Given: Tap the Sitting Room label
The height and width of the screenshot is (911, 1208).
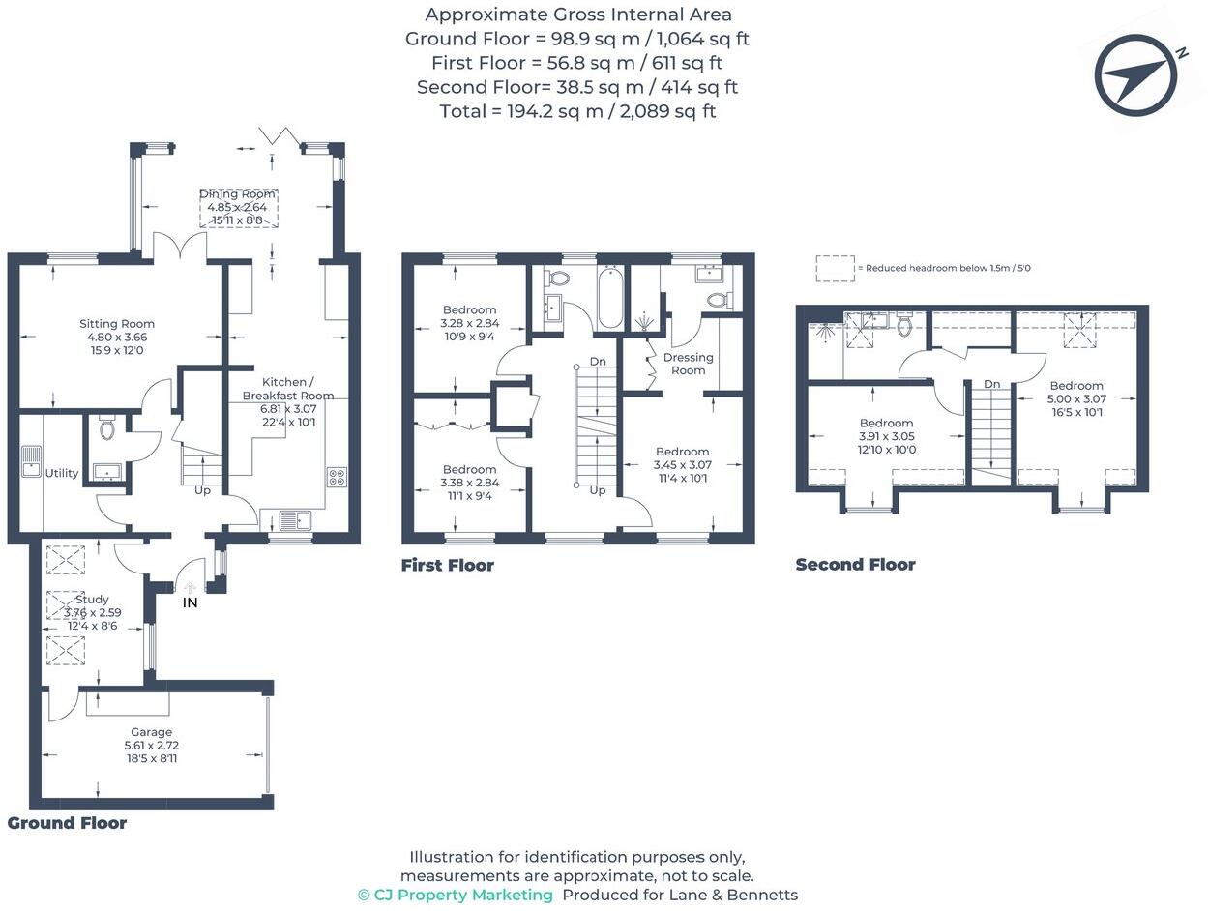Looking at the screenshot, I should coord(116,324).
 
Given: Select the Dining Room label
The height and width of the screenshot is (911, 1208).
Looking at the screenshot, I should coord(238,194).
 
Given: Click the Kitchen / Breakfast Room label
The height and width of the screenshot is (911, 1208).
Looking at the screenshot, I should coord(287,389).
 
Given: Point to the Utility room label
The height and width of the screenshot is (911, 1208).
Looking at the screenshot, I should coord(61,473).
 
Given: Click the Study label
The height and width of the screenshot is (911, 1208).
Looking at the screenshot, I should coord(92,600).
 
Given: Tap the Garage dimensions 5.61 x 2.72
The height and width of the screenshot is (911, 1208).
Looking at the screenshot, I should coord(151,746).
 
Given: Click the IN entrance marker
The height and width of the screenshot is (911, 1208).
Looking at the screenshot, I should coord(191,602).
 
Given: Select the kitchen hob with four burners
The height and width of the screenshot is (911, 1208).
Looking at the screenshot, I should coord(338,476).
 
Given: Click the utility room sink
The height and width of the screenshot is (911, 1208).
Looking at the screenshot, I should coord(31,462).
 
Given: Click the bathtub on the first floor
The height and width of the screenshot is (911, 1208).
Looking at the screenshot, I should coord(610,299).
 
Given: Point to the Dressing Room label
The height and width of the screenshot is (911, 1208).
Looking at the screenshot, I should coord(688,364).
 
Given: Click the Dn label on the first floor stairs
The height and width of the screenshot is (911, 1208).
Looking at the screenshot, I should coord(598,362).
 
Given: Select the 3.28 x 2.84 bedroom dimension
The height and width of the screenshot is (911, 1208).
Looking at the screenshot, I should coord(469,323).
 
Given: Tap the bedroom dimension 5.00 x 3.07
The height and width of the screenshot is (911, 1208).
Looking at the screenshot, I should coord(1075,398).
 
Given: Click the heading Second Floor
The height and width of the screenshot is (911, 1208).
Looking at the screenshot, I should coord(855,565).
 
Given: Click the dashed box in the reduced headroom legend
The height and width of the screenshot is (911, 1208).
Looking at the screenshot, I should coord(835,268).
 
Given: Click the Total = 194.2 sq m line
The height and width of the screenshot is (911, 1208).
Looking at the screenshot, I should coord(577,111).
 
